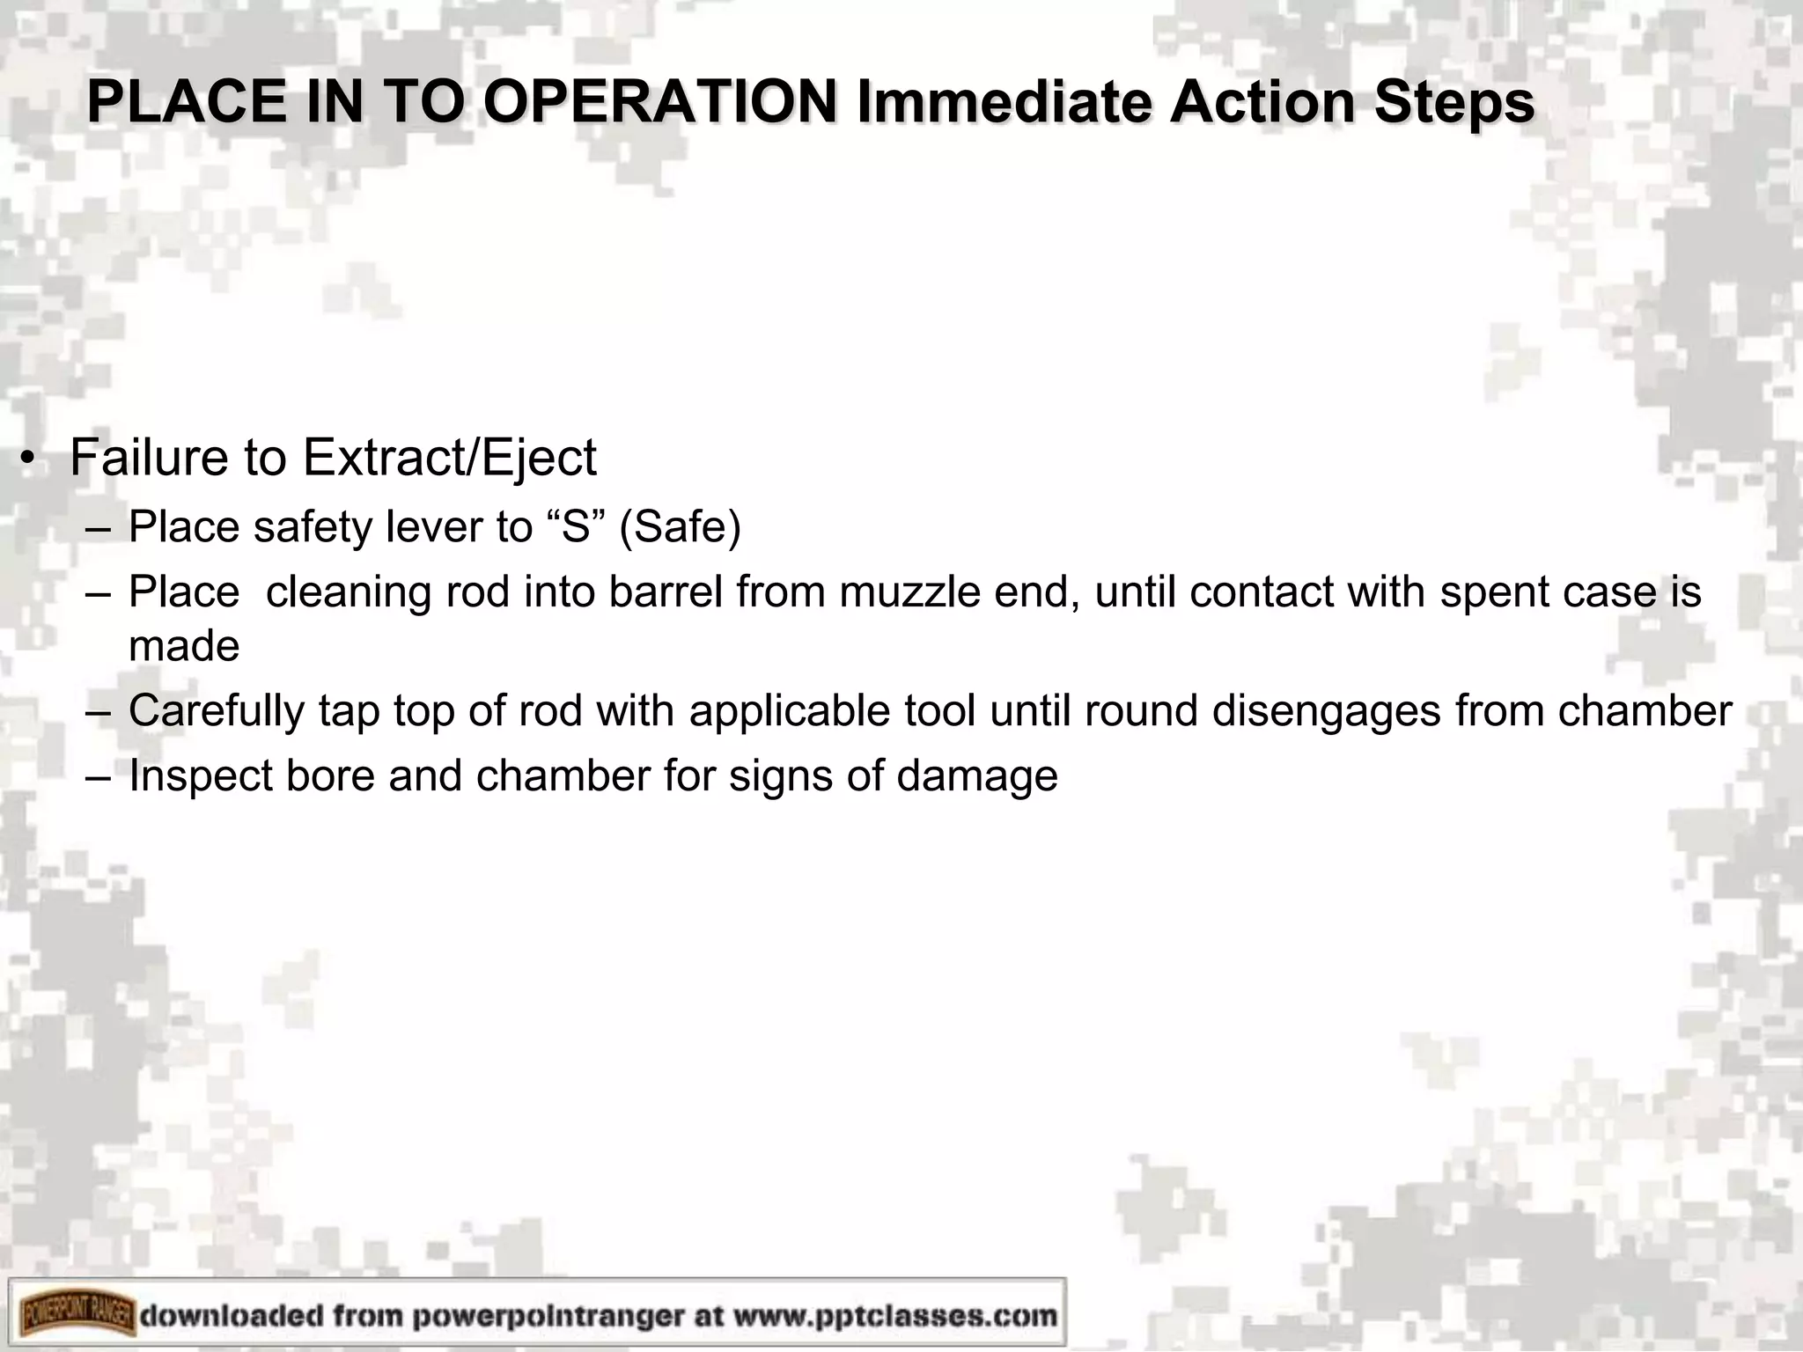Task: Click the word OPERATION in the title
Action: tap(660, 103)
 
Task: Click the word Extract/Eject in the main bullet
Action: tap(449, 459)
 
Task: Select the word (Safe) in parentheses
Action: tap(680, 528)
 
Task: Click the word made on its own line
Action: tap(184, 647)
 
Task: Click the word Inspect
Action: tap(201, 776)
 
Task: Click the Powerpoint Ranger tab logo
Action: tap(77, 1316)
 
